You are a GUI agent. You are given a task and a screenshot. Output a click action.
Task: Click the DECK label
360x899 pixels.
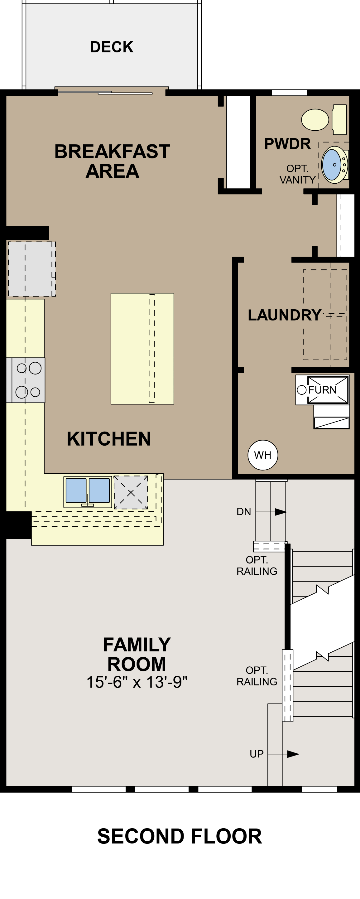pos(112,47)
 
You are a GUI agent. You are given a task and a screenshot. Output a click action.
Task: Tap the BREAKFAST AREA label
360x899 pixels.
pos(112,161)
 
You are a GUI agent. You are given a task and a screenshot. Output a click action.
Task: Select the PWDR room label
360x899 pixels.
pos(287,144)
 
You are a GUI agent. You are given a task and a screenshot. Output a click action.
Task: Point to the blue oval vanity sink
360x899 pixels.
pos(331,164)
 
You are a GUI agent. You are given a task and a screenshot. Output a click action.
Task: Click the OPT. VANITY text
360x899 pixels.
pos(298,174)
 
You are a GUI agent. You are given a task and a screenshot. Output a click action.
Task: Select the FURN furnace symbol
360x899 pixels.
pos(322,390)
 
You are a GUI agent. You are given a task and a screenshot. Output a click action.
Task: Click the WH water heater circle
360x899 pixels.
pos(263,455)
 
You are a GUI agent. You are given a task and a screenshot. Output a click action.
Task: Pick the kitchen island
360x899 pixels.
pos(142,348)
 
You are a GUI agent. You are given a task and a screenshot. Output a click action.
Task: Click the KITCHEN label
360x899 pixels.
pos(109,439)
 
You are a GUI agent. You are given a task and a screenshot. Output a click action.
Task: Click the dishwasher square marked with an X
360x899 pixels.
pos(131,492)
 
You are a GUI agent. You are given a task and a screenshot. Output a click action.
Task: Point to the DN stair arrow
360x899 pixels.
pos(280,512)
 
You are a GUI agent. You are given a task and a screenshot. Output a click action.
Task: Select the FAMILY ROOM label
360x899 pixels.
pos(137,654)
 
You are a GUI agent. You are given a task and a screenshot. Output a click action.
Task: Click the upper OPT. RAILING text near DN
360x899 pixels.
pos(257,565)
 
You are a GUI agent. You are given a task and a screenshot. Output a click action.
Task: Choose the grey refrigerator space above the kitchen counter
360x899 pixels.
pos(31,269)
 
